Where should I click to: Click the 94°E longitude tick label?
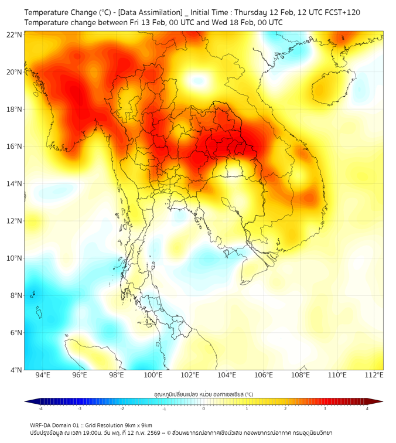43,375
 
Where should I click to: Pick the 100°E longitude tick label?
153,375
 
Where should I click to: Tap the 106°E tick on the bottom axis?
264,375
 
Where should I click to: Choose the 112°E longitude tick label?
374,375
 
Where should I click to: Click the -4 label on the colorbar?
40,408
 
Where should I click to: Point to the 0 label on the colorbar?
203,408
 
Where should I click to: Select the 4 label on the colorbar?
367,408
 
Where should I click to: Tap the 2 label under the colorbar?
285,408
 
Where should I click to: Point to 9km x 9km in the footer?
139,425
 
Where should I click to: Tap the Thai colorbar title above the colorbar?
203,394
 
